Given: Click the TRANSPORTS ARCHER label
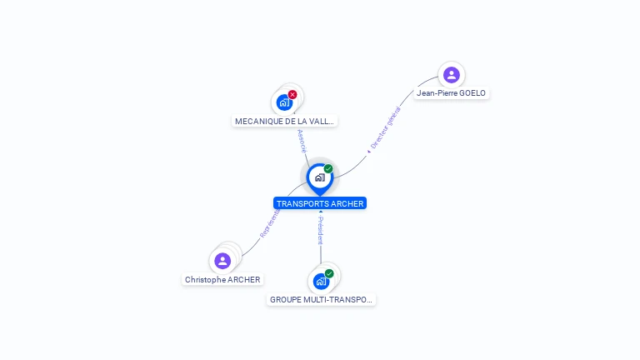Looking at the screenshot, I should click(320, 203).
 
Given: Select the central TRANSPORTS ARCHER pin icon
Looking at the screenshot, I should click(319, 177).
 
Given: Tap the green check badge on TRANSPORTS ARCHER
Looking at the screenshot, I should click(328, 169).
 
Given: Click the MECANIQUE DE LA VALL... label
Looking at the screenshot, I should click(284, 121).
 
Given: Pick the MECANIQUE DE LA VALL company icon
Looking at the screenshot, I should click(284, 103).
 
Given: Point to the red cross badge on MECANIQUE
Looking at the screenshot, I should click(292, 94).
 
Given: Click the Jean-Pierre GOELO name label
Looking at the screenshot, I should click(451, 93).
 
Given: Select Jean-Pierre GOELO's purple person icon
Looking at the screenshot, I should click(451, 75).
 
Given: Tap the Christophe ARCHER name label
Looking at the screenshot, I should click(222, 280).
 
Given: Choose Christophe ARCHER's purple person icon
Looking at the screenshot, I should click(222, 261).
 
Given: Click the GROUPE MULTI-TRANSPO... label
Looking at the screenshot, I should click(322, 299).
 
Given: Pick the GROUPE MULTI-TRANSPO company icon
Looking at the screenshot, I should click(321, 282).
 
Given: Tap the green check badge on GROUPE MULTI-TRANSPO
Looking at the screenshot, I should click(329, 273).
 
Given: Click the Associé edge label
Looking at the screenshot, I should click(302, 140).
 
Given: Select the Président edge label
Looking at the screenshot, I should click(320, 230).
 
